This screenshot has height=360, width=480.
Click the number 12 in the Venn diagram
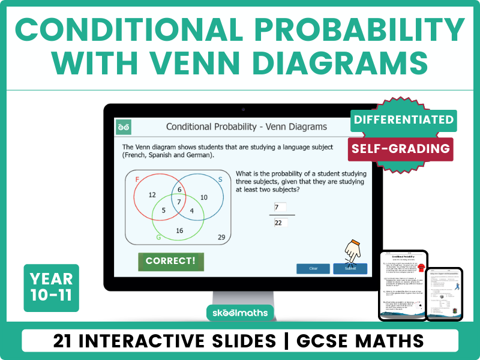click(x=152, y=195)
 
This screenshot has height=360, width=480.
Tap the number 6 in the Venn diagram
click(x=179, y=190)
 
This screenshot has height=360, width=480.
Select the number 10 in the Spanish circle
click(x=204, y=197)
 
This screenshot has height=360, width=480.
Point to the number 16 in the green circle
click(x=179, y=231)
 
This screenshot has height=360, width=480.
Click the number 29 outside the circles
click(x=221, y=238)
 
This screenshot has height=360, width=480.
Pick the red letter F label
click(x=137, y=180)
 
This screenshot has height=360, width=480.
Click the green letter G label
click(x=158, y=238)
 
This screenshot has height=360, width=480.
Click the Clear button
click(x=313, y=268)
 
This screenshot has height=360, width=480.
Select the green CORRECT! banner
click(x=170, y=262)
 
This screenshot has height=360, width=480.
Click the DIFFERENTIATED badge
click(x=403, y=119)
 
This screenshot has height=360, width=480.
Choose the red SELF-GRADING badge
click(x=401, y=148)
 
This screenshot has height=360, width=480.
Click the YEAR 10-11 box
click(x=51, y=287)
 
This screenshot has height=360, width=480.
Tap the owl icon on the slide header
click(x=124, y=127)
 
